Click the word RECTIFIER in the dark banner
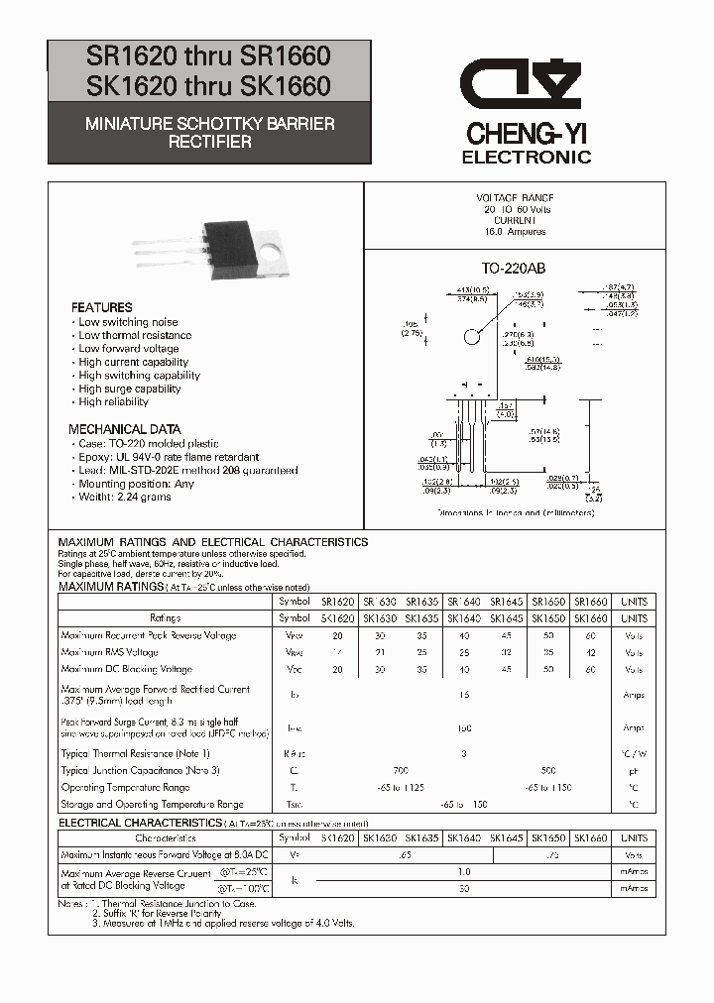(x=209, y=142)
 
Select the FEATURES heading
(x=102, y=307)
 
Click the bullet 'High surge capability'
(x=129, y=389)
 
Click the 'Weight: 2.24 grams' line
(x=124, y=497)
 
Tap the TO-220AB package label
(x=514, y=269)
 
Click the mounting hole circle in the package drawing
(x=472, y=337)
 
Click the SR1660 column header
(x=591, y=602)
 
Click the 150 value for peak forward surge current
(x=462, y=728)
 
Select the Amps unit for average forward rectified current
(x=634, y=696)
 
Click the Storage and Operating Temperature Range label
(x=152, y=804)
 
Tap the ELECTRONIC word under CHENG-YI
(x=527, y=157)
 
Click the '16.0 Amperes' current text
(x=515, y=231)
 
